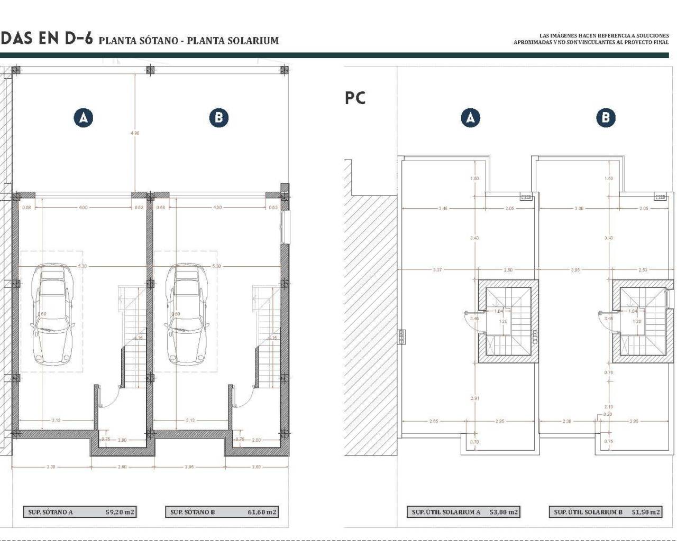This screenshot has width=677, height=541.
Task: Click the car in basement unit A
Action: tap(52, 314)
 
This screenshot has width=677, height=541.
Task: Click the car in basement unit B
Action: tap(186, 314)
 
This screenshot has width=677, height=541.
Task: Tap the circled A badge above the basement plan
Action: tap(84, 117)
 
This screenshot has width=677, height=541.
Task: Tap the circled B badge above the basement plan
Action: tap(218, 117)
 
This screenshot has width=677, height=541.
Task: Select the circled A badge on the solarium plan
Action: tap(470, 117)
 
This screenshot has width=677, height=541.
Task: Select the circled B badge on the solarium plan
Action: tap(606, 117)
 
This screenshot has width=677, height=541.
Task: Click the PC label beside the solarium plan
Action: tap(355, 98)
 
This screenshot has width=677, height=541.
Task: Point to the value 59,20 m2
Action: tap(120, 512)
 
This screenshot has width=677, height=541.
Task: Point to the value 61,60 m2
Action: tap(261, 512)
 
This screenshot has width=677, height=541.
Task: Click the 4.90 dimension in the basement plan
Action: tap(135, 133)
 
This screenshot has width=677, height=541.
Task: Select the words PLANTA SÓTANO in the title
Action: tap(138, 41)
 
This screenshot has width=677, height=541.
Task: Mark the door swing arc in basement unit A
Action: tap(109, 399)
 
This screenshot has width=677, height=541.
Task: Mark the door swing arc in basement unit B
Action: tap(243, 399)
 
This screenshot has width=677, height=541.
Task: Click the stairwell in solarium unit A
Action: tap(509, 322)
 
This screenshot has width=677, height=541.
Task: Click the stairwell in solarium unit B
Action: tap(643, 322)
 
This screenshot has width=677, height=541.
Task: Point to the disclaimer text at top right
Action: tap(591, 39)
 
